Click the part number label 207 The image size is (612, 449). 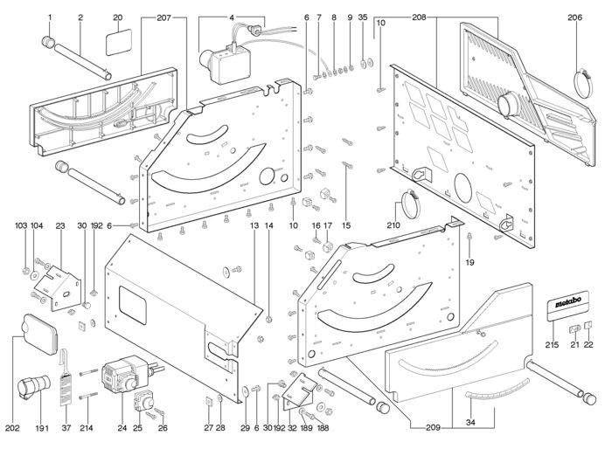[x=164, y=17]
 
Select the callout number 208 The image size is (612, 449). [x=419, y=17]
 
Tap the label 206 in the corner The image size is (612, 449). [x=574, y=17]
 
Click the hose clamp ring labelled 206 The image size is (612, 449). [x=583, y=83]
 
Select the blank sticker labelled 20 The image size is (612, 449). [x=119, y=42]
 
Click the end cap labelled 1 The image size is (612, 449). [x=49, y=41]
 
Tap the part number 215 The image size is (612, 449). [x=553, y=345]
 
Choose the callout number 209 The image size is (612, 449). [x=433, y=427]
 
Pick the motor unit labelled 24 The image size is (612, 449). [x=123, y=373]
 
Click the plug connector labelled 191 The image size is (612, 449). [x=33, y=386]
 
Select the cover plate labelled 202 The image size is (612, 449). [x=40, y=334]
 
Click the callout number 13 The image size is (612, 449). [x=254, y=226]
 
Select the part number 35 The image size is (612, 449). [x=363, y=17]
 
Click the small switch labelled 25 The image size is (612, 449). [x=143, y=400]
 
